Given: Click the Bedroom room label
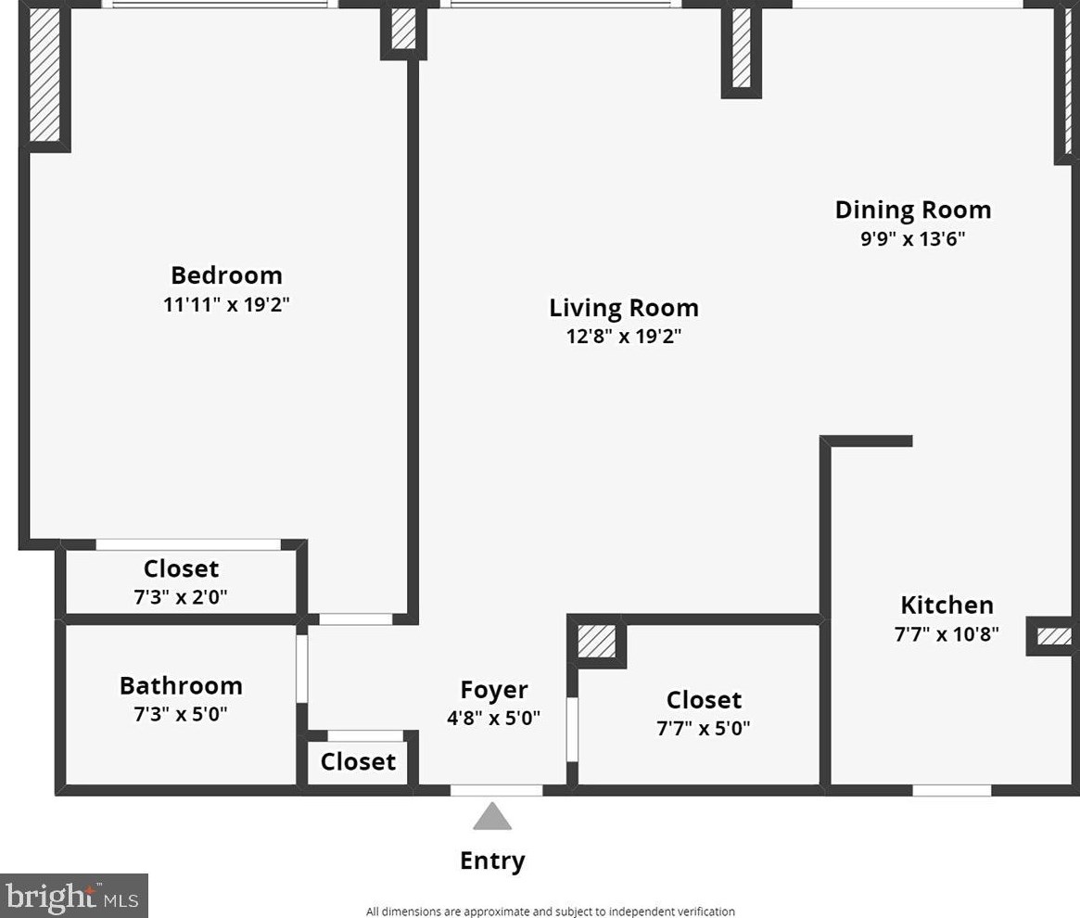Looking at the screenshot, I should pyautogui.click(x=226, y=275).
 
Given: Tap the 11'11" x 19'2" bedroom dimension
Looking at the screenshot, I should pyautogui.click(x=226, y=305).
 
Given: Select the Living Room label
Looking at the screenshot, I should pyautogui.click(x=623, y=308).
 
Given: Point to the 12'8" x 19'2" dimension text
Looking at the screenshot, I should pyautogui.click(x=623, y=337).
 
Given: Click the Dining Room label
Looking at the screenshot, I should pyautogui.click(x=912, y=210).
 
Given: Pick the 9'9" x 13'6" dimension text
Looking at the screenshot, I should pyautogui.click(x=912, y=239).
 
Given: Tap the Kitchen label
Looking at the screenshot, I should pyautogui.click(x=947, y=606).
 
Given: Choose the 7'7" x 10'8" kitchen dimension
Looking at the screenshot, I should pyautogui.click(x=947, y=635).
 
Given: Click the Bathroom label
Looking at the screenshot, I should pyautogui.click(x=181, y=686).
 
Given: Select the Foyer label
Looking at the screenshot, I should pyautogui.click(x=494, y=690).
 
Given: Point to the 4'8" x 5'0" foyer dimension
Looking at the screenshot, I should pyautogui.click(x=494, y=718).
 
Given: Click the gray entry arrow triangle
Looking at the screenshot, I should pyautogui.click(x=492, y=818).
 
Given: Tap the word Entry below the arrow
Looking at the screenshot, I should pyautogui.click(x=492, y=861).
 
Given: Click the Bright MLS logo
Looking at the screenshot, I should pyautogui.click(x=73, y=896).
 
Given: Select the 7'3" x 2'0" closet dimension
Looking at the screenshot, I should pyautogui.click(x=181, y=597).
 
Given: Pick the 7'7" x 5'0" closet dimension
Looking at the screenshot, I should pyautogui.click(x=703, y=729).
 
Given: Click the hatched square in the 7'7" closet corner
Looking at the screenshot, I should pyautogui.click(x=596, y=641).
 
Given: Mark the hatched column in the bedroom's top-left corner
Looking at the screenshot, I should pyautogui.click(x=44, y=76).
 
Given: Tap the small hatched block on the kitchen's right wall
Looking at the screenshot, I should pyautogui.click(x=1053, y=636).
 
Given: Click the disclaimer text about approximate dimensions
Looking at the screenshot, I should pyautogui.click(x=550, y=912).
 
